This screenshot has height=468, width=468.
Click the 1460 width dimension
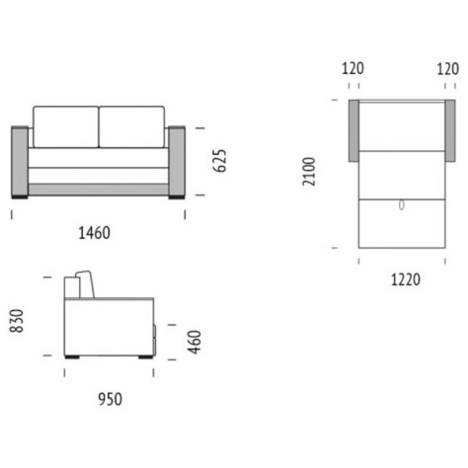(94, 233)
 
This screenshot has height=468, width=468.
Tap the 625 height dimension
(219, 161)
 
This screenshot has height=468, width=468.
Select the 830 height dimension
(16, 321)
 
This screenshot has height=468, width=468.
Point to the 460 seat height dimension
(195, 343)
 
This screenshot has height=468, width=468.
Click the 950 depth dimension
(111, 399)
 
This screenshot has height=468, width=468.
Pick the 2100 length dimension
(309, 172)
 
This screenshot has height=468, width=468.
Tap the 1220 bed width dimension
(406, 279)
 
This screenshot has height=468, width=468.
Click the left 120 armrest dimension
(352, 69)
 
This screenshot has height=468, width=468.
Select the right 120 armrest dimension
(447, 69)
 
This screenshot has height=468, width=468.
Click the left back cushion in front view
(66, 126)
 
